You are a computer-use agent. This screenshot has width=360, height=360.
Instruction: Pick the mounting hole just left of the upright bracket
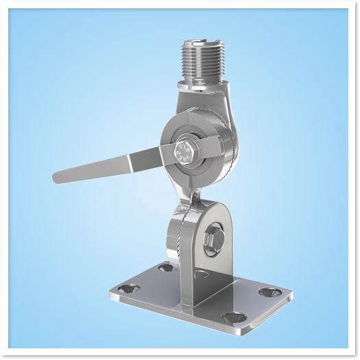pos(165,267)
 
